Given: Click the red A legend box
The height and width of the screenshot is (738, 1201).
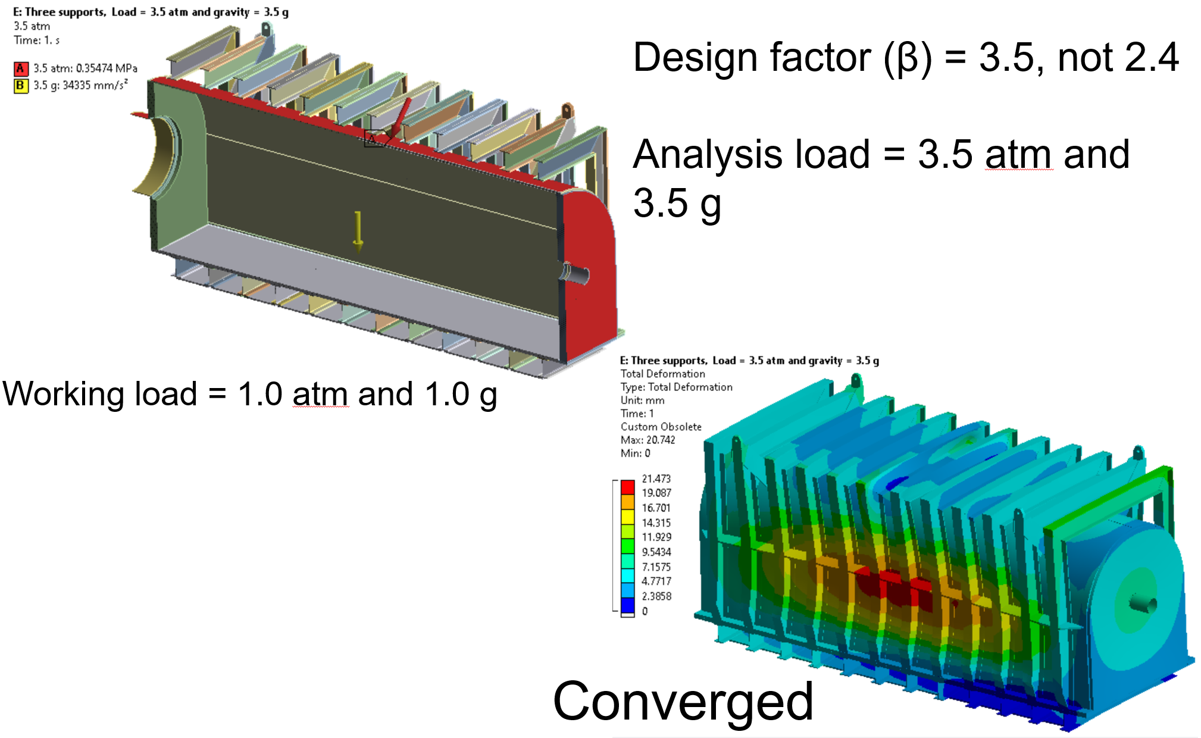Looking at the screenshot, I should (20, 68).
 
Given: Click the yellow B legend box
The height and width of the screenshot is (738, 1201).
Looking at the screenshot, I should (20, 86).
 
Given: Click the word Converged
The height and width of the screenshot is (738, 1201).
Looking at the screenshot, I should (683, 701).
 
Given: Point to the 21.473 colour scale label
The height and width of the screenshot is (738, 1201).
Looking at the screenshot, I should (656, 479).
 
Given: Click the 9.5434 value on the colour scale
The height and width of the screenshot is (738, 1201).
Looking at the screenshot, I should (656, 552).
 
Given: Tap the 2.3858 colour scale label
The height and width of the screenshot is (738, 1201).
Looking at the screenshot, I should (656, 596).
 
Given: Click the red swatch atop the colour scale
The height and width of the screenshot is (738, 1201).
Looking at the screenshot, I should (627, 486).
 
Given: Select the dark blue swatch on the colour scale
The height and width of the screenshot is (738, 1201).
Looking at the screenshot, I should (627, 605).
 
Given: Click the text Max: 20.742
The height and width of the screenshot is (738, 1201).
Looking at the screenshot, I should (648, 440).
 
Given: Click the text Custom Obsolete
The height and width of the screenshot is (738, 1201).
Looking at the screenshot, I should (661, 427).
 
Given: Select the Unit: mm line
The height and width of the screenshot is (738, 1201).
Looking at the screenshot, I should (642, 400).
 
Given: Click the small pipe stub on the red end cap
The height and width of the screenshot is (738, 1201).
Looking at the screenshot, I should (574, 274).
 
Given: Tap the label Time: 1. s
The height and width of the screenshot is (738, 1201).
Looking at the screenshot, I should (36, 40).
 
